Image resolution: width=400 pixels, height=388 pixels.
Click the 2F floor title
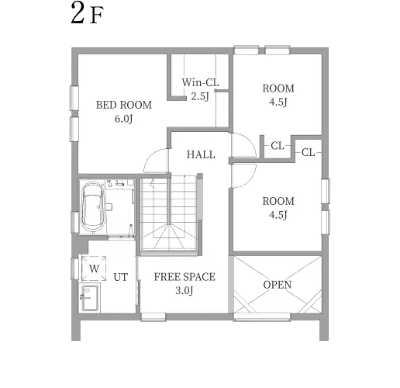(x=87, y=13)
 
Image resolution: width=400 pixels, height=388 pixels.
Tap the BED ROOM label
(x=124, y=105)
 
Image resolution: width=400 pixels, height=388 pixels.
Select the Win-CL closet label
(x=200, y=82)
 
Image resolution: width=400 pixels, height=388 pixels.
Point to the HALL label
(x=201, y=154)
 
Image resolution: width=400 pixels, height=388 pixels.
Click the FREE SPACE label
(x=184, y=277)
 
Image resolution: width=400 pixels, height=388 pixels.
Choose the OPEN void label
(x=278, y=285)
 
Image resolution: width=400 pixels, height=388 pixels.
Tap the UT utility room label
(x=120, y=277)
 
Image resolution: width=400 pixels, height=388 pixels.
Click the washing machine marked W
(x=94, y=268)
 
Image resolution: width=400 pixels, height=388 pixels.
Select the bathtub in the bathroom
(x=93, y=207)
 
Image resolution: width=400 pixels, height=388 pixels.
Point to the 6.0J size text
(x=124, y=119)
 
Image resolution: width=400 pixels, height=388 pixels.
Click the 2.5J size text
(x=200, y=96)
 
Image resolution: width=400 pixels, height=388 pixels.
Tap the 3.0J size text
(x=184, y=291)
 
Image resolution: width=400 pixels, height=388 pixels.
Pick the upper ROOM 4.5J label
(x=278, y=95)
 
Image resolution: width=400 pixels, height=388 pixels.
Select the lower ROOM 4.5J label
(x=278, y=208)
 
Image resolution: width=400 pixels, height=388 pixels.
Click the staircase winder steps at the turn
(x=169, y=237)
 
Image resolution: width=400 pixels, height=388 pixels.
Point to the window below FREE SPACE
(x=153, y=317)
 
